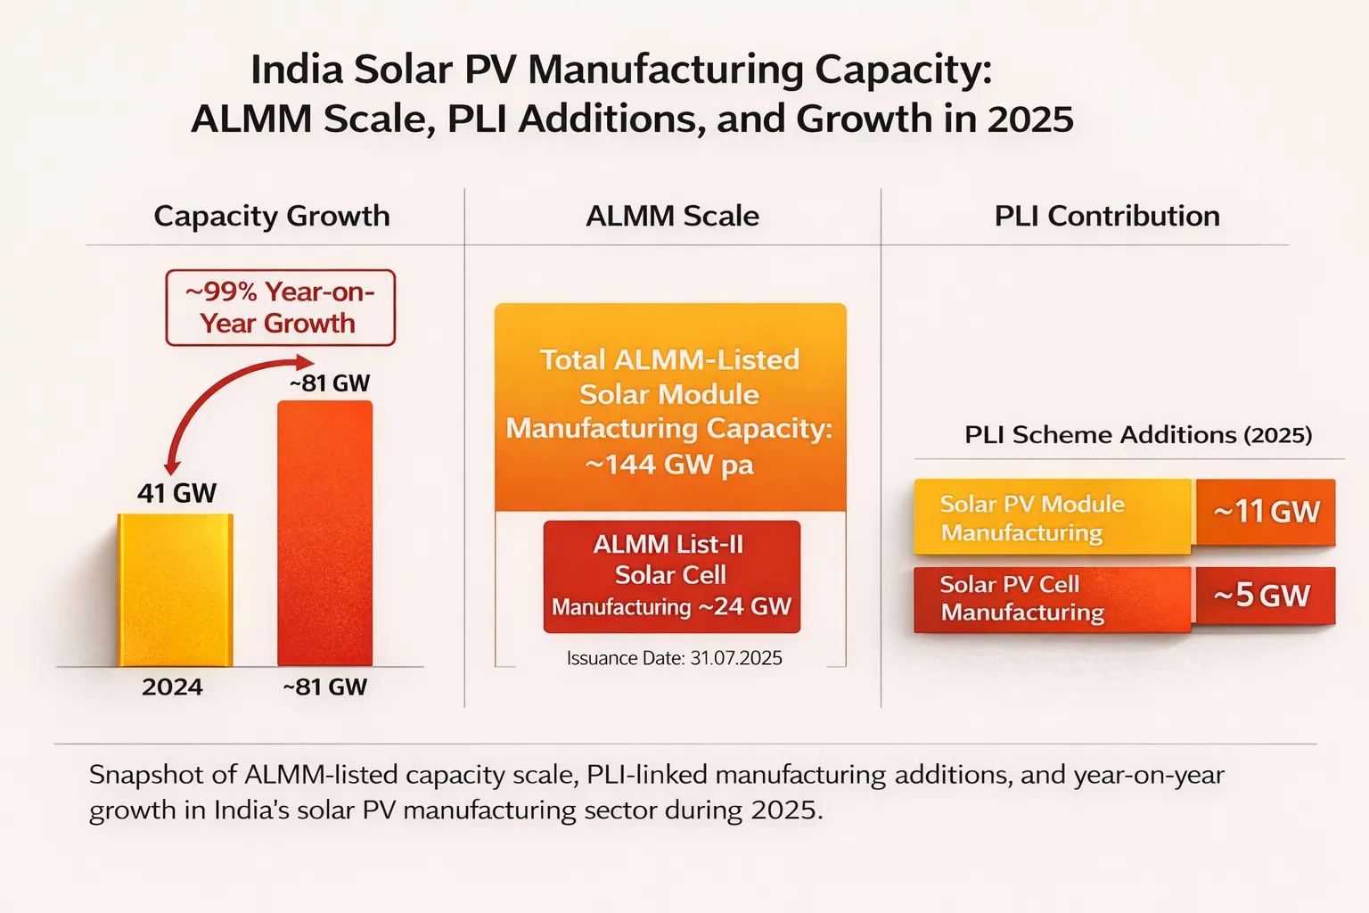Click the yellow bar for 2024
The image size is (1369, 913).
coord(176,590)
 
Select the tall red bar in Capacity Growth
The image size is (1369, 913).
coord(325,533)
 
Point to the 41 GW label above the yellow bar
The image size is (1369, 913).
coord(176,493)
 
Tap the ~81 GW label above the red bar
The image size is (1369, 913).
coord(329,383)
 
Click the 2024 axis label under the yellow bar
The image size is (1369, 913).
coord(172,687)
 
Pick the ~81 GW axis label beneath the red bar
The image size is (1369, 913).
coord(325,687)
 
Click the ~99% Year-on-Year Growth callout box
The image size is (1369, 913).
coord(280,308)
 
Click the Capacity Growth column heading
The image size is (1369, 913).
coord(272,216)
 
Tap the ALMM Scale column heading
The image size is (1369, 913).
coord(672,216)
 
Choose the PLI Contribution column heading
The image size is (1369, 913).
coord(1107,216)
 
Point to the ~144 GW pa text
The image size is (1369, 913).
coord(669,465)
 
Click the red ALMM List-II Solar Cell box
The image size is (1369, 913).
coord(671,576)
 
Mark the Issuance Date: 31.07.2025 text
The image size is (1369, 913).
coord(674,658)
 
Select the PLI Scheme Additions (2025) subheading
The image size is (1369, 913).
coord(1138,435)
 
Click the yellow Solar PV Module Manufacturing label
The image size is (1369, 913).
coord(1052,517)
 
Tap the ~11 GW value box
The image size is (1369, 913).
coord(1266,512)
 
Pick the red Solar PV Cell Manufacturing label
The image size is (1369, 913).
coord(1052,598)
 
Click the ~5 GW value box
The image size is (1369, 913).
coord(1264,595)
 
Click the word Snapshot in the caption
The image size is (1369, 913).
coord(146,775)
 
